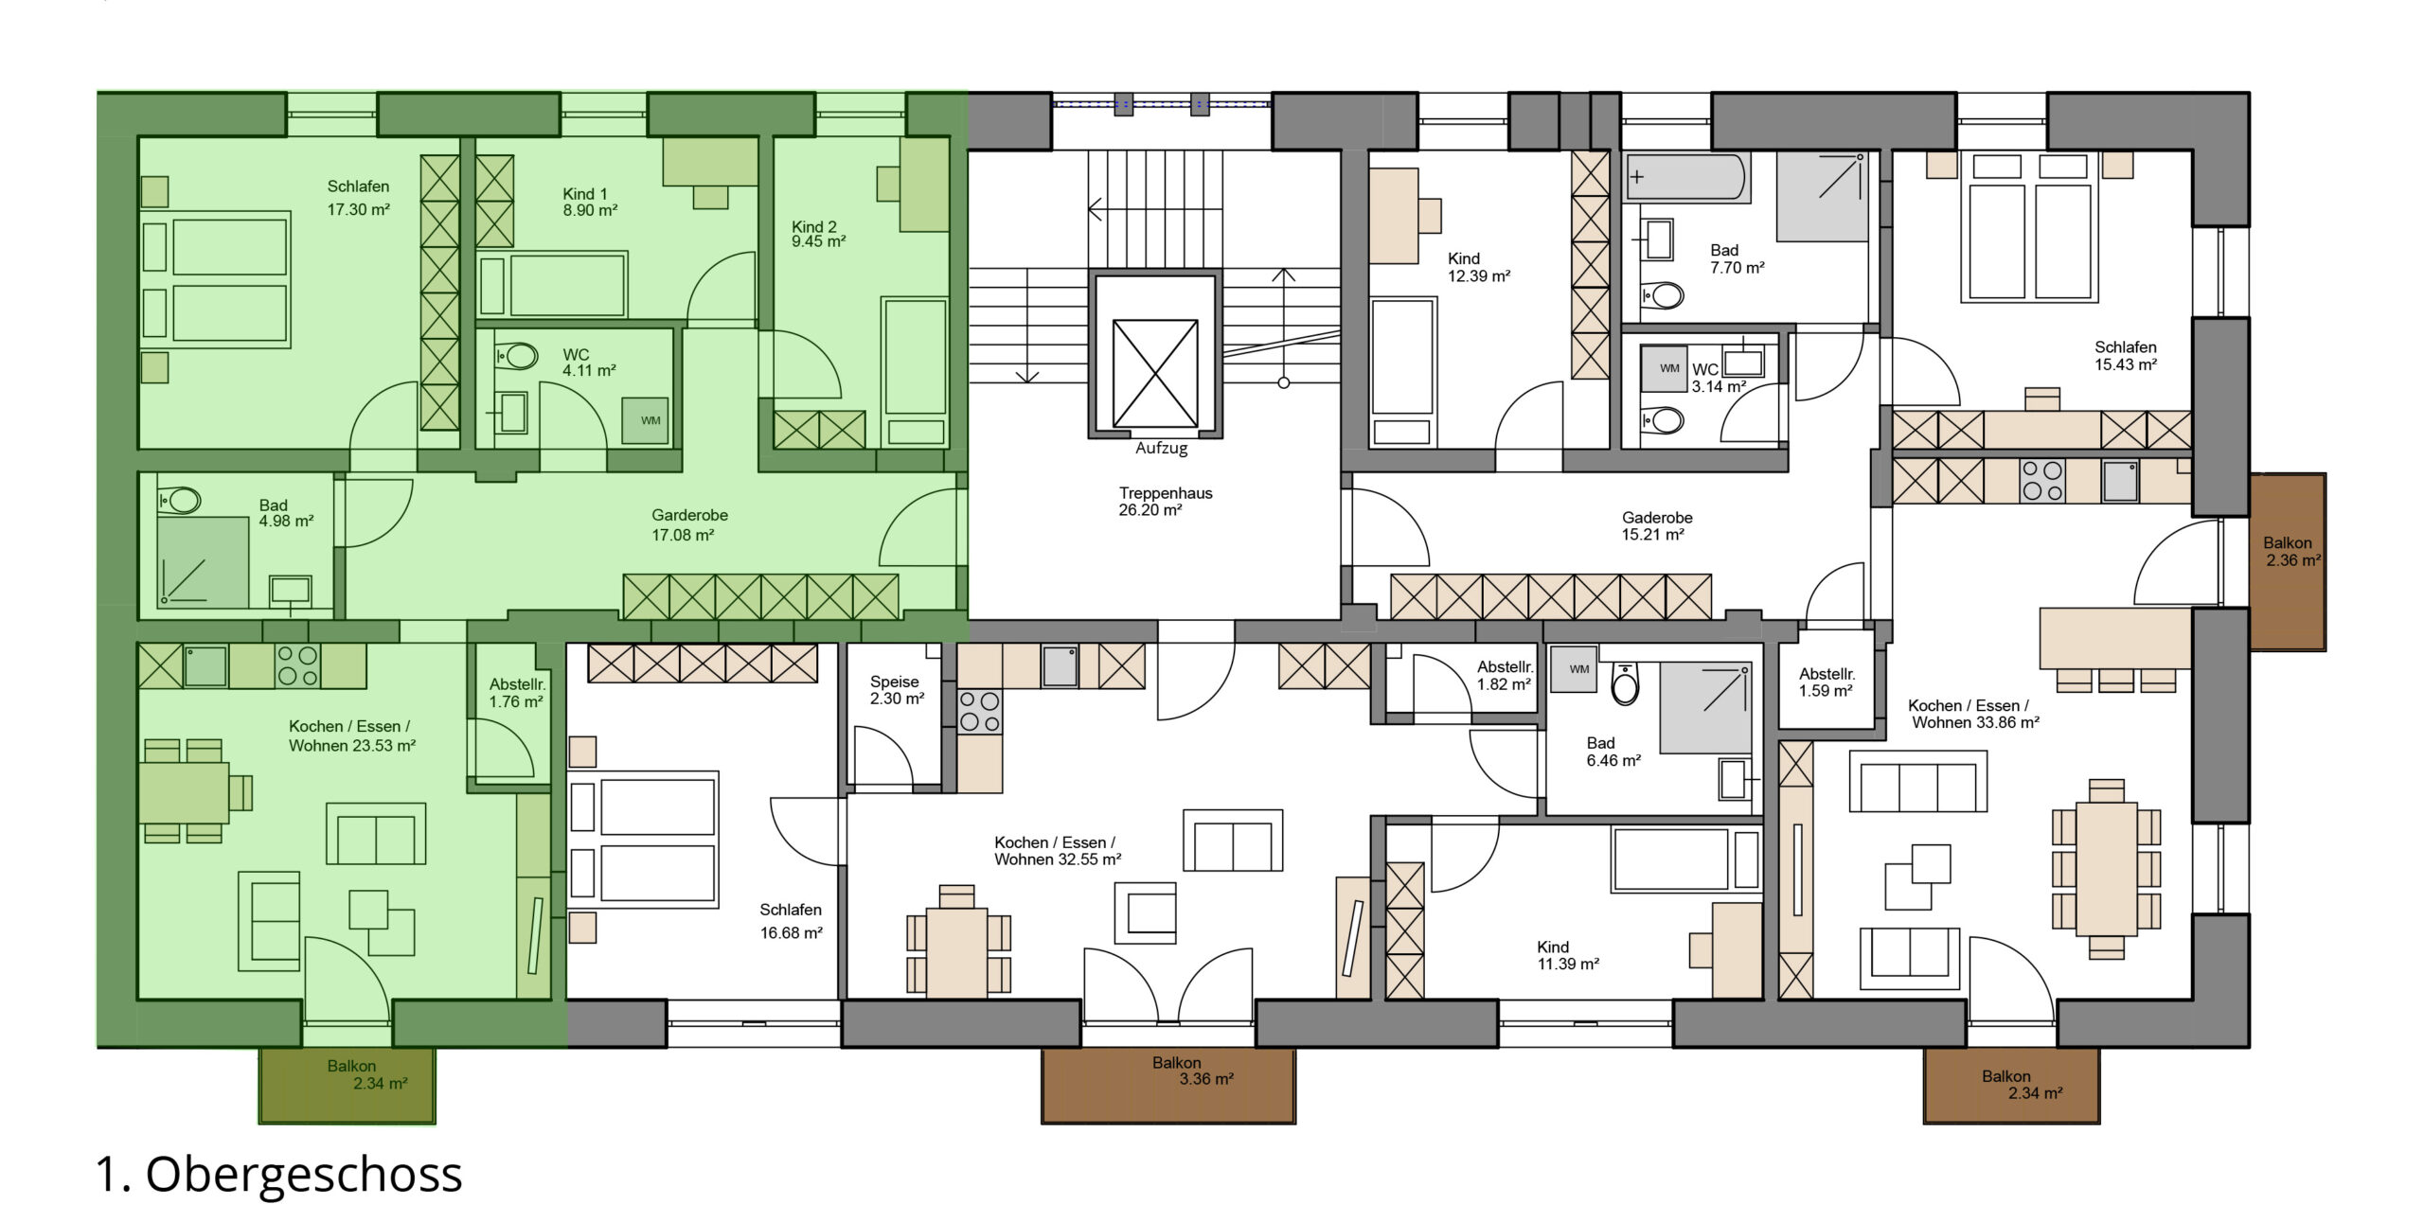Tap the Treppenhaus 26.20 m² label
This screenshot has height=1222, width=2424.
coord(1165,502)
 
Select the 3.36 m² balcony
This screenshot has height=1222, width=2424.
coord(1168,1086)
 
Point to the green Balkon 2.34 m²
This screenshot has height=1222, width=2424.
coord(348,1086)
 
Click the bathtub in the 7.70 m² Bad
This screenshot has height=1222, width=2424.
coord(1685,177)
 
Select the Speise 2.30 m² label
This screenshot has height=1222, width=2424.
coord(897,690)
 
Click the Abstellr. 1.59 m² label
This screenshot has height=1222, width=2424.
coord(1827,682)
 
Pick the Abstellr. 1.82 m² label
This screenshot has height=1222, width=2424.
coord(1505,676)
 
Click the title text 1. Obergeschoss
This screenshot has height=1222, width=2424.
coord(279,1175)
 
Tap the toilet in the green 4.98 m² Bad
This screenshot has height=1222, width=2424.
coord(180,500)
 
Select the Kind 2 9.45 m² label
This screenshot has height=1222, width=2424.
coord(818,234)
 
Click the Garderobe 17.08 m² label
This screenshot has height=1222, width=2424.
coord(689,525)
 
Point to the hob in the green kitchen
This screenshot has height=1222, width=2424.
coord(297,665)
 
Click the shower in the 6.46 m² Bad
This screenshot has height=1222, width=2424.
coord(1704,709)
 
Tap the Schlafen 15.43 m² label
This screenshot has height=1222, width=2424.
coord(2126,356)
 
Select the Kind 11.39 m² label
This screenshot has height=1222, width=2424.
coord(1568,955)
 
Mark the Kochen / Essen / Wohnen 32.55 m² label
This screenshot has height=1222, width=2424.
coord(1058,851)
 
